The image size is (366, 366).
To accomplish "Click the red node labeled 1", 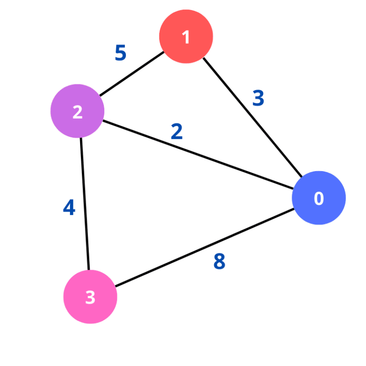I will (x=186, y=36).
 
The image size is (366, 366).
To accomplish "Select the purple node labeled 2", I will (x=78, y=111).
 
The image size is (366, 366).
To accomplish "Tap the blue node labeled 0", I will (x=319, y=198).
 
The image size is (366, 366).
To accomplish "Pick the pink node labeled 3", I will (x=90, y=296).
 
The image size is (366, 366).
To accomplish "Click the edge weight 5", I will (x=121, y=53).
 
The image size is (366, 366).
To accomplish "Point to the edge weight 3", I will (x=258, y=98).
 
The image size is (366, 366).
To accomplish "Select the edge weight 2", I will (x=177, y=132).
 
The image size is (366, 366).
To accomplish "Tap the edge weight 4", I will (x=70, y=208).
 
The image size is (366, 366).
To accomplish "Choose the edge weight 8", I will (x=219, y=261).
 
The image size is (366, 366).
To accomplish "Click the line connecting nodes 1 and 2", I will (x=132, y=74).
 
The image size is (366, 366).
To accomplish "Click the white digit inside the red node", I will (x=186, y=37).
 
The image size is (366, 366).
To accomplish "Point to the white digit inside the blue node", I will (x=319, y=198).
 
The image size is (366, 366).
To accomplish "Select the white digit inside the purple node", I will (x=77, y=112).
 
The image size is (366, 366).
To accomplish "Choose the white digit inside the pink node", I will (x=90, y=297).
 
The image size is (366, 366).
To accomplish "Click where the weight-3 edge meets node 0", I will (x=302, y=177).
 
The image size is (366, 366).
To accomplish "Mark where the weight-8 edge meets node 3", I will (x=115, y=286).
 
